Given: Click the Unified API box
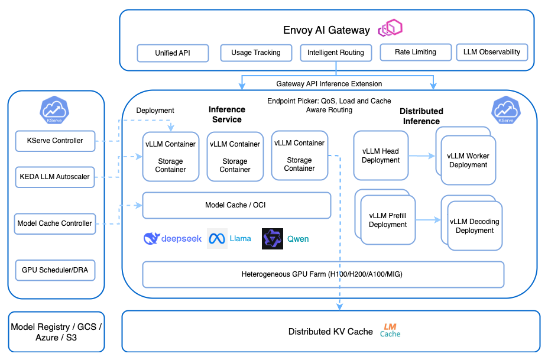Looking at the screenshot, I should [173, 53].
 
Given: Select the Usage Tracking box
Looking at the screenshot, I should [256, 53].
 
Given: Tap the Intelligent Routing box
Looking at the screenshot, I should [336, 53].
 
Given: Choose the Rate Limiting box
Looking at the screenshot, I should [416, 52].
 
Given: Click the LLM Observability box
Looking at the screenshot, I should [492, 52].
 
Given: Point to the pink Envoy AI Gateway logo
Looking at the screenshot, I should [391, 28].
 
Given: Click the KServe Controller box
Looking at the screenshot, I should [55, 141].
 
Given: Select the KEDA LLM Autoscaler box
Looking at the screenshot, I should [55, 177].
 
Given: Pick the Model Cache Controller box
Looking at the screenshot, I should [55, 223].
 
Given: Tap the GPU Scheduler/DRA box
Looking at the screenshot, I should [55, 270].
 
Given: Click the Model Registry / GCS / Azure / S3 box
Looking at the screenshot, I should [56, 332].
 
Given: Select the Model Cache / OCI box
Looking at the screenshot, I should [236, 205].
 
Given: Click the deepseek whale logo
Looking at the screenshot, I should [152, 239].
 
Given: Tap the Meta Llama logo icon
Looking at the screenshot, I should [217, 239].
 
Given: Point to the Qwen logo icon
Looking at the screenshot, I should [273, 239].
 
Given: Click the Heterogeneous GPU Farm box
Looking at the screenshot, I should [323, 274].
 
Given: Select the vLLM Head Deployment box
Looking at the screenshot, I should [381, 156].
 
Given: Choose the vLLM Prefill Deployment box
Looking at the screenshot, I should [387, 220].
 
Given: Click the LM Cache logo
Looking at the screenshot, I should [390, 330].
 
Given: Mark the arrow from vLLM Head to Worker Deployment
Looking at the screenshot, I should [421, 157].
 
